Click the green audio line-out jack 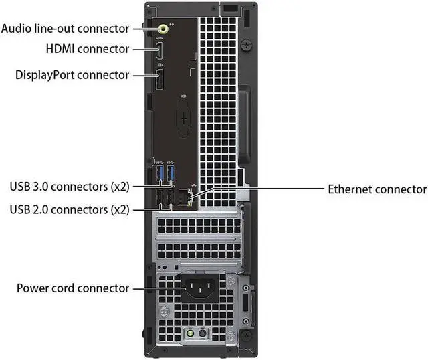pos(163,28)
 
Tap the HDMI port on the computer pos(159,49)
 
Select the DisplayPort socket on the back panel pos(160,79)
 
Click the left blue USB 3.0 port pos(160,173)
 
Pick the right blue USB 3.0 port pos(171,173)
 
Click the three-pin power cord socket pos(200,288)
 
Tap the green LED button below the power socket pos(190,333)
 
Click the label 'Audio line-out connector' pos(65,29)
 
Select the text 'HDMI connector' pos(88,49)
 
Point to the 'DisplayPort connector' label pos(72,75)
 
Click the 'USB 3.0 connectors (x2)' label pos(70,187)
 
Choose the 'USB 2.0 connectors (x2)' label pos(70,209)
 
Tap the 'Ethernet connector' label pos(377,189)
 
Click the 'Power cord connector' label pos(73,288)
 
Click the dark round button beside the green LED pos(202,333)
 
